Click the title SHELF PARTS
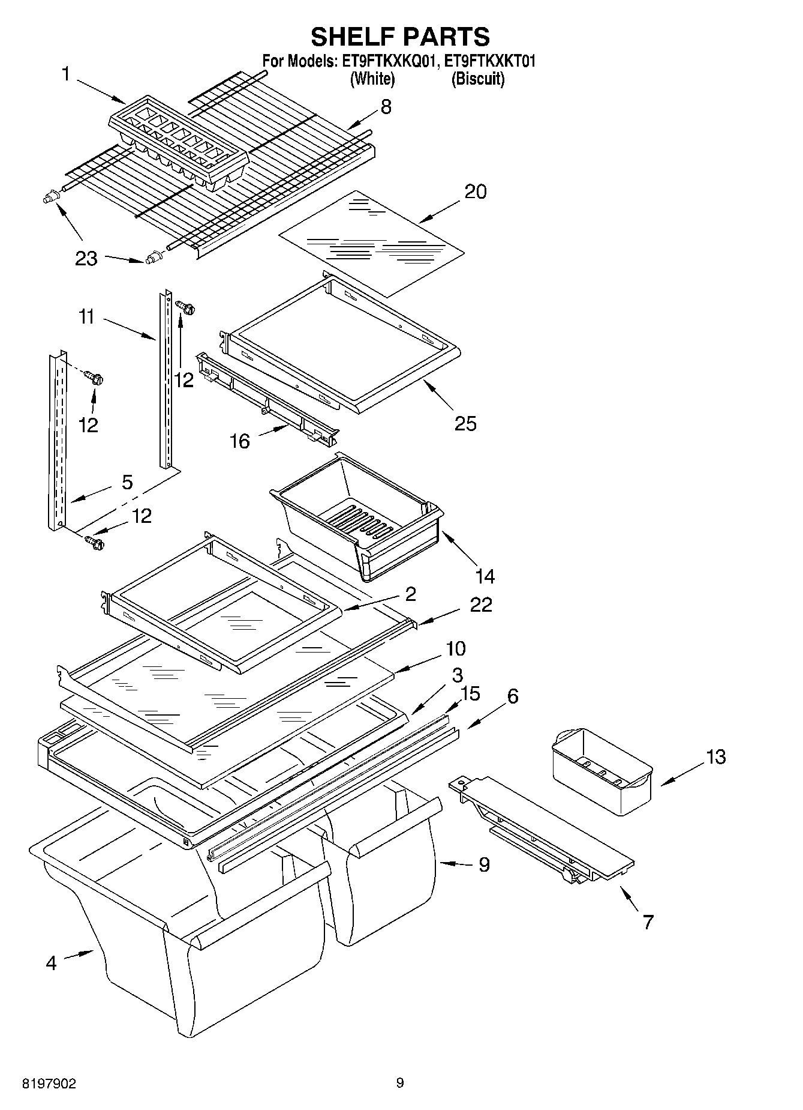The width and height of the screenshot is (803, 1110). pos(400,37)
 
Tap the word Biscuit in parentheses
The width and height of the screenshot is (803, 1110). pos(477,79)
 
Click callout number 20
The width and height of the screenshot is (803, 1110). pos(476,192)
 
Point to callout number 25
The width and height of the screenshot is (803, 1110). pos(465,424)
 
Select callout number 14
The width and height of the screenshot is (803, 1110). pos(485,576)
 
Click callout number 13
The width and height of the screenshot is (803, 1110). pos(715,756)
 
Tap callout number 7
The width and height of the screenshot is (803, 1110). pos(648,922)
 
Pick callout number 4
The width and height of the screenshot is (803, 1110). pos(51,964)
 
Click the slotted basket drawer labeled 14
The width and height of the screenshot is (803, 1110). pos(357,516)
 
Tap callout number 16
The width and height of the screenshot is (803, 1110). pos(239,442)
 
